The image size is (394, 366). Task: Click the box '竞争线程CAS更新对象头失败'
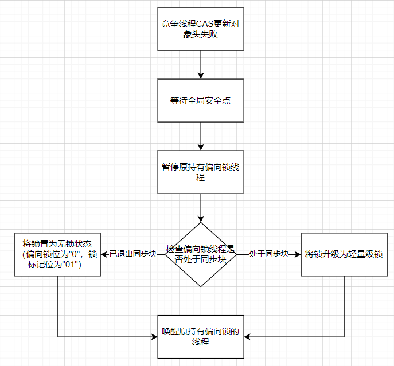point(200,29)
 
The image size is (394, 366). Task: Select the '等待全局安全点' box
point(200,100)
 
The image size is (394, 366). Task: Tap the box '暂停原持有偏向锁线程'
point(200,172)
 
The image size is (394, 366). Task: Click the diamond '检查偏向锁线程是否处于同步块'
point(200,254)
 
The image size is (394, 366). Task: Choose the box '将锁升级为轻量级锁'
point(344,254)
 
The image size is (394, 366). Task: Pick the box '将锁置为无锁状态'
point(57,254)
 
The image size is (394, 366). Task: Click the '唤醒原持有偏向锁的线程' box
point(200,337)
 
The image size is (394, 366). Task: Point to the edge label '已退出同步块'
point(133,254)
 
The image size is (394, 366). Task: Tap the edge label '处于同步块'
point(269,254)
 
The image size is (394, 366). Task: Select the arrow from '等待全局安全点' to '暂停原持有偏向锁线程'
point(200,136)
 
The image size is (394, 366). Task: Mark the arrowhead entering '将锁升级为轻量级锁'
point(297,254)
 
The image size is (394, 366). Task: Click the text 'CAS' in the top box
point(204,23)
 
